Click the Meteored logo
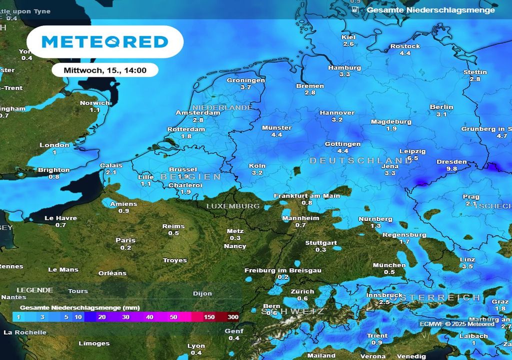point(104,41)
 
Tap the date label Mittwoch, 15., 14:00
point(105,70)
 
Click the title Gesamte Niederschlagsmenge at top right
point(430,9)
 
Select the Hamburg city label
point(344,67)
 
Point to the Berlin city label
point(441,107)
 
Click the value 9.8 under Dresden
point(451,169)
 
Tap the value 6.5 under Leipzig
point(412,158)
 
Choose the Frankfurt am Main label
point(307,195)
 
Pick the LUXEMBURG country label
point(233,206)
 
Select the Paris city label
point(125,240)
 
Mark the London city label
point(54,145)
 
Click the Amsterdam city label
point(198,113)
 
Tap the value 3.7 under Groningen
point(245,87)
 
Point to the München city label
point(389,265)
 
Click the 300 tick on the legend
point(233,317)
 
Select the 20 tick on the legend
point(102,317)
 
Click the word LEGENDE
point(35,290)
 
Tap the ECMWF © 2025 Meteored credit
point(457,324)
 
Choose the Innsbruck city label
point(384,295)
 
